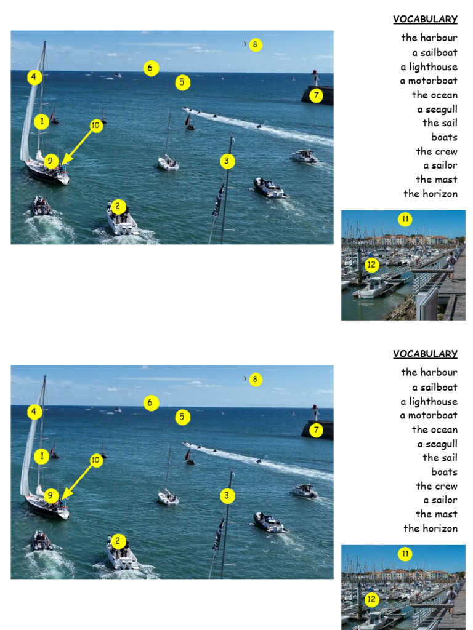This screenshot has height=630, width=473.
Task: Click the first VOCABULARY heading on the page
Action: coord(425,19)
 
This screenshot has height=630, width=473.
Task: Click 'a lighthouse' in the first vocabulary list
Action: coord(429,67)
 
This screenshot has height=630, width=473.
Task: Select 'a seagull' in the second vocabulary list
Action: coord(437,444)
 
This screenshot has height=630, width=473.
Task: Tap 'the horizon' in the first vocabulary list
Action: coord(430,194)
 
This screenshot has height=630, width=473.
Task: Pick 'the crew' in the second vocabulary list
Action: coord(436,486)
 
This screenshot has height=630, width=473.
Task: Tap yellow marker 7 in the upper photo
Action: coord(316,95)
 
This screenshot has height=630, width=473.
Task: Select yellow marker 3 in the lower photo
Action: coord(227,496)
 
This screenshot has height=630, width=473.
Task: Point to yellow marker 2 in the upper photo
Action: coord(118,207)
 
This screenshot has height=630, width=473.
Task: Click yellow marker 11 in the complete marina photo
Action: coord(405,219)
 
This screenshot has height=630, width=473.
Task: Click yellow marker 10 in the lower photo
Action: coord(95,460)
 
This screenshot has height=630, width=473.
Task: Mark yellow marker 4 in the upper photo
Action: coord(34,78)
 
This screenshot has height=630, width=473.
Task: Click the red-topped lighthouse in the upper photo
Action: coord(315,76)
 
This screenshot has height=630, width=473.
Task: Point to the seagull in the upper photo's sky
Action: coord(245,44)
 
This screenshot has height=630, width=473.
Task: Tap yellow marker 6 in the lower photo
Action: coord(151,403)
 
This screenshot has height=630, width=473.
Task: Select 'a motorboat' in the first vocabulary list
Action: coord(428,81)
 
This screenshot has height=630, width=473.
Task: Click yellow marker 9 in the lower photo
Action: coord(52,496)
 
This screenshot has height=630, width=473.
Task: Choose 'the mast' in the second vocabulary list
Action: coord(436,514)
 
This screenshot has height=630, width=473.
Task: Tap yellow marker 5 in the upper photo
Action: coord(182,82)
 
